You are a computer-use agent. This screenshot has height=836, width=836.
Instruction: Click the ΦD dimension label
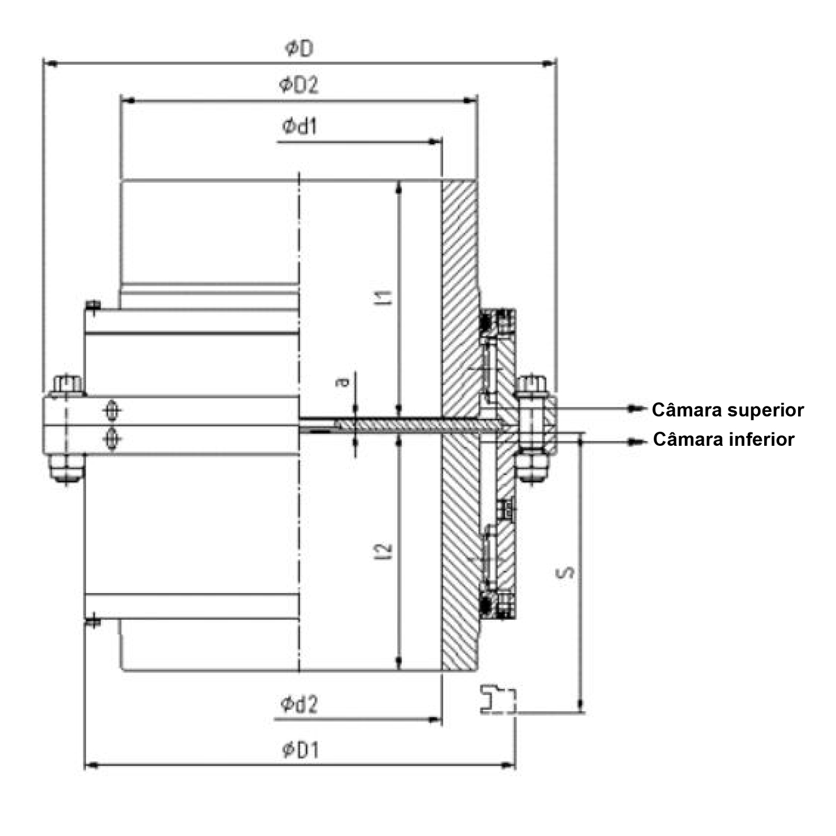(x=299, y=49)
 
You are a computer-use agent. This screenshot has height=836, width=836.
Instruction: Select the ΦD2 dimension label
(x=299, y=85)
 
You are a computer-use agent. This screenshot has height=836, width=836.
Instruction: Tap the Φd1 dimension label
(x=299, y=127)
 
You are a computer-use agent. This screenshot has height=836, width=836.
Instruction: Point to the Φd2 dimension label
(x=299, y=705)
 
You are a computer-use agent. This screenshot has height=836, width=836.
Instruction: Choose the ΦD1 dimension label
(x=301, y=751)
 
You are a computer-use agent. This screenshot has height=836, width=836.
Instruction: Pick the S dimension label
(x=566, y=572)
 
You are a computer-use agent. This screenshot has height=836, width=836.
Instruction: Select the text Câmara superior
(x=727, y=410)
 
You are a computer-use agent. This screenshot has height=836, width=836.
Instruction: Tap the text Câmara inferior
(x=723, y=439)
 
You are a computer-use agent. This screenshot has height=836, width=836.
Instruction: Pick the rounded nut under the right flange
(x=531, y=467)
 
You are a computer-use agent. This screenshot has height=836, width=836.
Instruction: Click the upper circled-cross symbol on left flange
(x=113, y=411)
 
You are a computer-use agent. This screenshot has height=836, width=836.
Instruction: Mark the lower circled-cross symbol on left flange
(x=113, y=439)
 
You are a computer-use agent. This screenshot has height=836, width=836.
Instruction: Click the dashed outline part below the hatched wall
(x=498, y=699)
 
